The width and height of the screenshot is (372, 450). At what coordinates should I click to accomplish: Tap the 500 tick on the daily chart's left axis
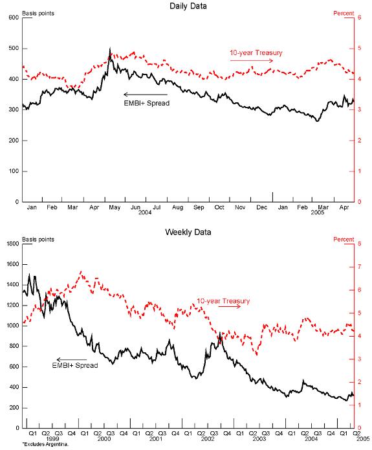[13, 49]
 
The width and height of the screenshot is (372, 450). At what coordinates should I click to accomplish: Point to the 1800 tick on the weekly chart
[12, 244]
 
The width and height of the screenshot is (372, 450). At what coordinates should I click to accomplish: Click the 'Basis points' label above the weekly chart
[37, 240]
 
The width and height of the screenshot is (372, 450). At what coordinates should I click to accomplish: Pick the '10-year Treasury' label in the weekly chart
[223, 300]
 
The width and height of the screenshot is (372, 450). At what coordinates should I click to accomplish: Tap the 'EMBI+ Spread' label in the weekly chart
[75, 366]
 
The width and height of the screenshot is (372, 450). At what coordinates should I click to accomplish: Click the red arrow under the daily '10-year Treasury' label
[252, 61]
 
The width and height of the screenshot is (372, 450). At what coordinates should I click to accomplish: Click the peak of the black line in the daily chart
[110, 49]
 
